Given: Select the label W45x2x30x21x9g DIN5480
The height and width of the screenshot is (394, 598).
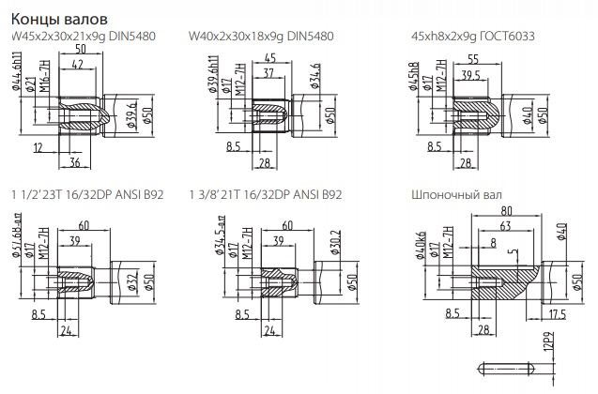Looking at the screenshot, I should pyautogui.click(x=84, y=37).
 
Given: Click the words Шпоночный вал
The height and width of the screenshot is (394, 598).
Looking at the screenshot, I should pyautogui.click(x=452, y=195).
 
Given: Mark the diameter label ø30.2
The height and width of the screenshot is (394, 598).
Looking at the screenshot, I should pyautogui.click(x=310, y=248).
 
